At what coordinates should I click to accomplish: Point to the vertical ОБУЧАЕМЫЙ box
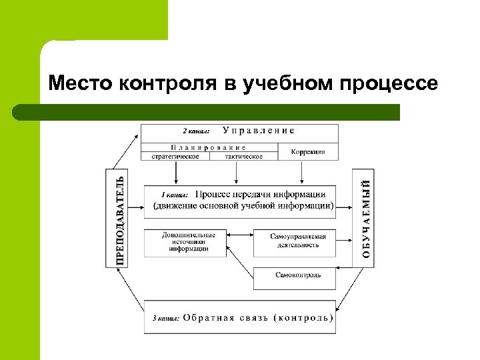click(364, 218)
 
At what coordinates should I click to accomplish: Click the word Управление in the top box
click(258, 131)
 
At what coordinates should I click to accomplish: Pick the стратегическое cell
click(175, 157)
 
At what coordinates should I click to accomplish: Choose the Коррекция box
click(308, 152)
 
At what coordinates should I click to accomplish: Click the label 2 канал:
click(197, 131)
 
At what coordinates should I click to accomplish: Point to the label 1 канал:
click(175, 195)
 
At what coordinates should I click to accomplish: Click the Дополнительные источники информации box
click(189, 242)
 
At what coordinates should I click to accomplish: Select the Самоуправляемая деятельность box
click(298, 241)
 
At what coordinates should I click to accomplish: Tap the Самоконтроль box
click(298, 275)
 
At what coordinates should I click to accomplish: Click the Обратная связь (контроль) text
click(257, 318)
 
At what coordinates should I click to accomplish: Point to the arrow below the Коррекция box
click(302, 172)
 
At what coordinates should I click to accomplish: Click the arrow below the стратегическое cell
click(176, 172)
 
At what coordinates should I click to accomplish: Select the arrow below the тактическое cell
click(237, 172)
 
